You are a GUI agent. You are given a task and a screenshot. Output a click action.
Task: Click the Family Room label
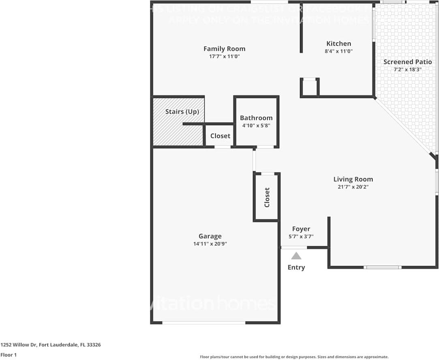224,49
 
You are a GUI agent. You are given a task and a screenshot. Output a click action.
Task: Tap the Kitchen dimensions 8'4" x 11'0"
339,51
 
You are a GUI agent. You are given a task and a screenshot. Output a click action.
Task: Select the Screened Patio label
407,62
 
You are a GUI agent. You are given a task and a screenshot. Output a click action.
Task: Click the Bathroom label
256,118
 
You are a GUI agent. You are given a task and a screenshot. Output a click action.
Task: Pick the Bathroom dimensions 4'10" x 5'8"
256,126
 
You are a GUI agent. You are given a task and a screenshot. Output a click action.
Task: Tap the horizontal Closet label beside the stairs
220,136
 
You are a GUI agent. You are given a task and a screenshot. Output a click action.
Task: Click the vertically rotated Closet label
267,197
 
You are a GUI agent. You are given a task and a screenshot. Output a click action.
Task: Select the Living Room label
353,179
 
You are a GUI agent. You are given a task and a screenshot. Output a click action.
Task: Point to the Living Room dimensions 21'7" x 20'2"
353,187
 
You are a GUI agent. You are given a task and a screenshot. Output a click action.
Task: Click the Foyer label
301,229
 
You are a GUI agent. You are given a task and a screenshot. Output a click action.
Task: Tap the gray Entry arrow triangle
296,256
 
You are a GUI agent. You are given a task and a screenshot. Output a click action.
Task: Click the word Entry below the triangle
296,267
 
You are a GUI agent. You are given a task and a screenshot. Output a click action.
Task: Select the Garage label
210,236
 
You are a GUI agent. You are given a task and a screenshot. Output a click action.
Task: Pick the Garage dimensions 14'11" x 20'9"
210,244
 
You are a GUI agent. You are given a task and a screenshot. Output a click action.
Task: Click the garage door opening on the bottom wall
204,322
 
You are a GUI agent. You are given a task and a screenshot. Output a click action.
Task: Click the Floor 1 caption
8,355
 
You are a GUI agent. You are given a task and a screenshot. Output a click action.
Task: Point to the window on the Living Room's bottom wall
382,267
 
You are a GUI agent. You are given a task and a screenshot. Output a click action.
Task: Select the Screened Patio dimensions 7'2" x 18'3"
407,69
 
